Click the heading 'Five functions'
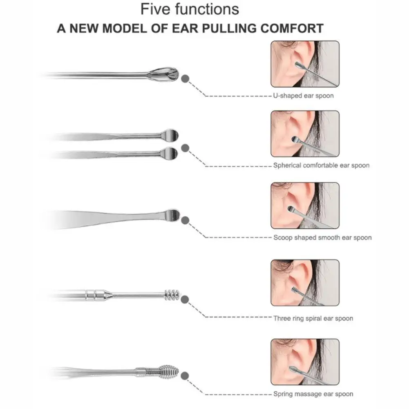pos(190,9)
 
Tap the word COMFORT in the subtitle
pos(293,29)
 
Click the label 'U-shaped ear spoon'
pos(303,96)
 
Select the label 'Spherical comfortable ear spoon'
pos(321,165)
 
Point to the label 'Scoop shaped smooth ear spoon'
pos(322,237)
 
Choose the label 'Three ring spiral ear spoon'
pos(313,318)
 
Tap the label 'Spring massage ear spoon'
pos(313,394)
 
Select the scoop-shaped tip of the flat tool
pos(172,215)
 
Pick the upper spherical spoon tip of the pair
pos(170,134)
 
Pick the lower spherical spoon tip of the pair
pos(170,153)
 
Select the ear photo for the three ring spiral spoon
pos(305,283)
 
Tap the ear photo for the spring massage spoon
pos(305,362)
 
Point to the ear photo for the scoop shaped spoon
pos(305,205)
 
